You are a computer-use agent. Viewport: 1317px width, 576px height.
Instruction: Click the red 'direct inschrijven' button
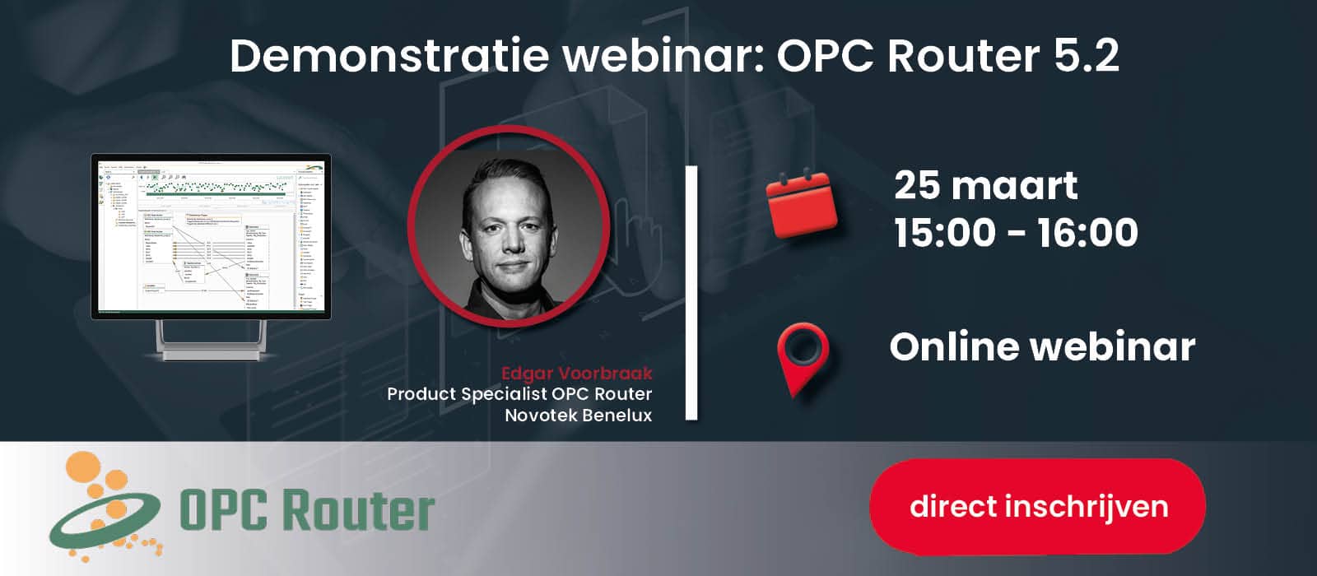pyautogui.click(x=1037, y=506)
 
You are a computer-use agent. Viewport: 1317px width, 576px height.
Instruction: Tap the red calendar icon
pyautogui.click(x=801, y=203)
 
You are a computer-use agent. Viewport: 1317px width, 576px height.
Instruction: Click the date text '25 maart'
pyautogui.click(x=985, y=185)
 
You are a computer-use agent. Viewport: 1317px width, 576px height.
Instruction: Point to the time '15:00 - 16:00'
pyautogui.click(x=1016, y=233)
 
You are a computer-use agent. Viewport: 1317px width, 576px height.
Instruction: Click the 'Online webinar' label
pyautogui.click(x=1041, y=346)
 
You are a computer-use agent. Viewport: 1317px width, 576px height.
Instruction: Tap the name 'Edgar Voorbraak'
pyautogui.click(x=576, y=373)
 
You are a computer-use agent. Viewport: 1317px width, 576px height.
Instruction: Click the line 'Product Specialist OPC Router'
pyautogui.click(x=519, y=394)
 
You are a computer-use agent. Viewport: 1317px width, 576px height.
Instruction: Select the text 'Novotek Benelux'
pyautogui.click(x=578, y=416)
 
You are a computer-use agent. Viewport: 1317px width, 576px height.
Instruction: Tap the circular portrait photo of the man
pyautogui.click(x=509, y=227)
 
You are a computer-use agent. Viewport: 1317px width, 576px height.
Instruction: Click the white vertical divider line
pyautogui.click(x=691, y=292)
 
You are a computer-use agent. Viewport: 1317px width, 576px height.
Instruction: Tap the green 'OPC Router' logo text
pyautogui.click(x=307, y=511)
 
